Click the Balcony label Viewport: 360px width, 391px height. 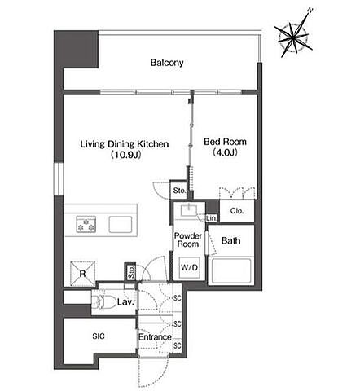167,63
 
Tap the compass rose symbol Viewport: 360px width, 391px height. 293,37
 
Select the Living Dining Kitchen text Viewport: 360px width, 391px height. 125,144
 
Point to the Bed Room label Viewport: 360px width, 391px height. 225,142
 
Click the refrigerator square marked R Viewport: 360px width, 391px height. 83,274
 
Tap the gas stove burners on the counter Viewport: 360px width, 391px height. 86,224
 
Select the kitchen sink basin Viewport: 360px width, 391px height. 121,225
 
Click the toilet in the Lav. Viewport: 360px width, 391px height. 99,301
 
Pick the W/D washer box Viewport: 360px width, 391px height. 190,267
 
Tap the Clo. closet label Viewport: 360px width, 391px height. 237,211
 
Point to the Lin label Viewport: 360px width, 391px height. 211,217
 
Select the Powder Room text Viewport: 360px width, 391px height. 188,239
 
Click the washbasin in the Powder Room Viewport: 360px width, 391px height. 189,210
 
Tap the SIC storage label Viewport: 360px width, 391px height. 99,336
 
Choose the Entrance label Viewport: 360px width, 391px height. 155,337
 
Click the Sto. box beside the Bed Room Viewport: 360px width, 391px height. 178,191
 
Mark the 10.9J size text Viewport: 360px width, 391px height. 125,155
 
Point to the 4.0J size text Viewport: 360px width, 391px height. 226,152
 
